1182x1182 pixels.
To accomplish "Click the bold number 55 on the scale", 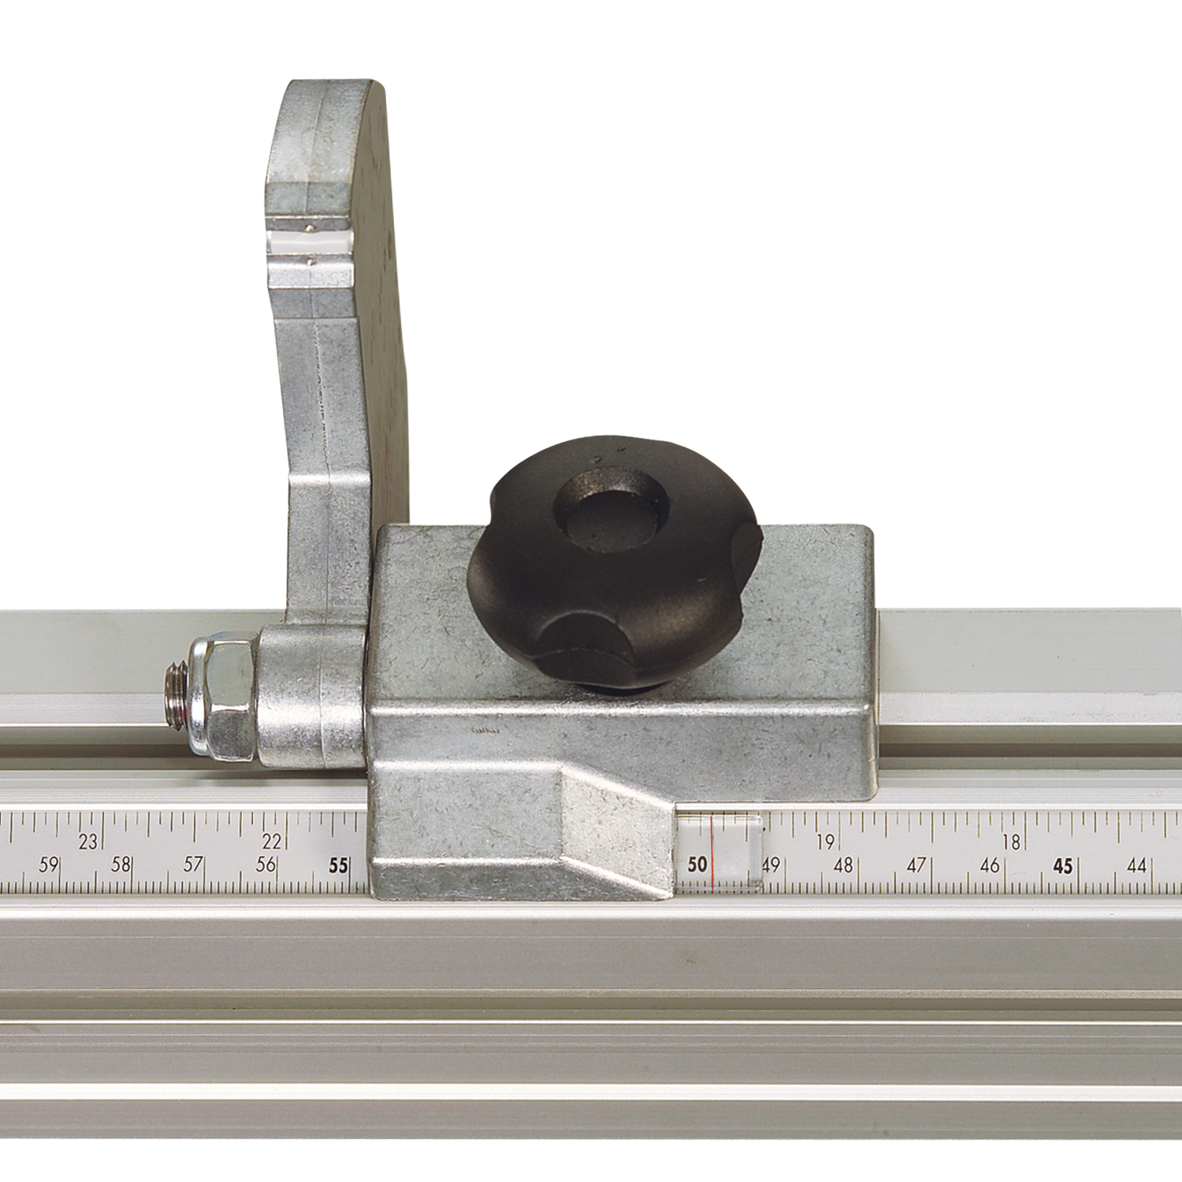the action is pos(338,866).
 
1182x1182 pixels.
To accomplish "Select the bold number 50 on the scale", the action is pos(697,865).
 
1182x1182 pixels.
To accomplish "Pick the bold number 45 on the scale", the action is pos(1063,866).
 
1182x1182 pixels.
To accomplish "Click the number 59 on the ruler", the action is pos(49,865).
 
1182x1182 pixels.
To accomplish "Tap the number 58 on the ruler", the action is pos(121,865).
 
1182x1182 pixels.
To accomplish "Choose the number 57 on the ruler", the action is pos(193,865).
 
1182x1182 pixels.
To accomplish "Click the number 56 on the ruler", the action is pos(266,865).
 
